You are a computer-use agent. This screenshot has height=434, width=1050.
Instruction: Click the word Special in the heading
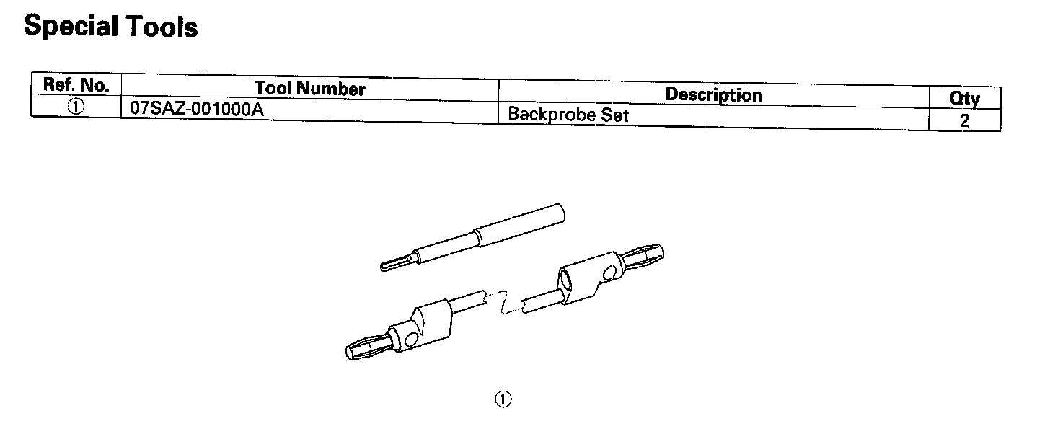[71, 27]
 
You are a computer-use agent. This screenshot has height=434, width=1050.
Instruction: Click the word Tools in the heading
[162, 27]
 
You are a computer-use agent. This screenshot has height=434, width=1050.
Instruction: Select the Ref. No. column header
[76, 84]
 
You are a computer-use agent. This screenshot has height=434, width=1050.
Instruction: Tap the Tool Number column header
[309, 89]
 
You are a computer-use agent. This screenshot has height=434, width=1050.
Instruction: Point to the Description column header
[713, 94]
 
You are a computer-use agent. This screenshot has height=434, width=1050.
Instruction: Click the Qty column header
[964, 99]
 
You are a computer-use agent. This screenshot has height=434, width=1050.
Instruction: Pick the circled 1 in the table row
[76, 106]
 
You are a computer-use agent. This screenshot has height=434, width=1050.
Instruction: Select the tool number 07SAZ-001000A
[192, 108]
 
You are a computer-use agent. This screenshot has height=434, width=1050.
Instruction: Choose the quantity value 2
[964, 121]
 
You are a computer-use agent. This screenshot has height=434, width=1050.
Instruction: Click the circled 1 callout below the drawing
[503, 399]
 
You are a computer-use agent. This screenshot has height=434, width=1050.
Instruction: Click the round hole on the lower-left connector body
[412, 339]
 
